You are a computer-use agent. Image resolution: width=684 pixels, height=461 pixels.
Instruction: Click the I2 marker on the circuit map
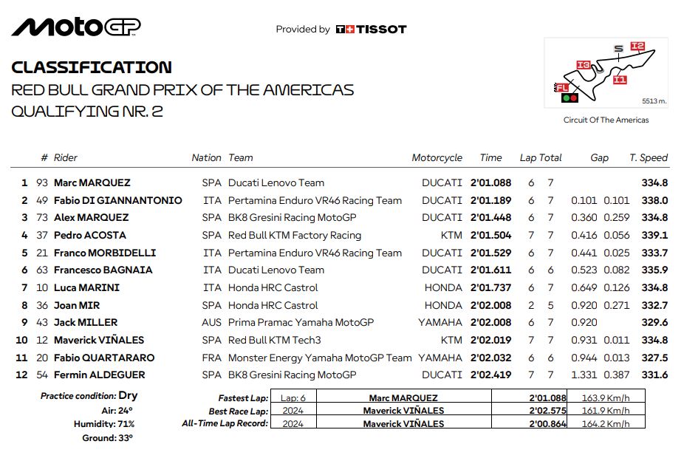coord(638,47)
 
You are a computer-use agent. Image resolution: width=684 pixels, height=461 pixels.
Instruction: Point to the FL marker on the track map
coord(562,88)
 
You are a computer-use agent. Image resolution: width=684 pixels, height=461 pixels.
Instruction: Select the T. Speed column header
coord(649,157)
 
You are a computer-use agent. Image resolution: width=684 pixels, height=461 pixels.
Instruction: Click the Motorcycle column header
coord(437,157)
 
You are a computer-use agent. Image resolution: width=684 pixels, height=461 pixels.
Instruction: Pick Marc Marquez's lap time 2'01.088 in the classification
coord(490,182)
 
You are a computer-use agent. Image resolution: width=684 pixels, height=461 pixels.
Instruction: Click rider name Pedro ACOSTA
coord(90,235)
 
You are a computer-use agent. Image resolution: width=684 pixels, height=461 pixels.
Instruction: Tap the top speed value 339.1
coord(654,235)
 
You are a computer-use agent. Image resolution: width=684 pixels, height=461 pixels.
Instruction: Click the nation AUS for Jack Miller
coord(211,322)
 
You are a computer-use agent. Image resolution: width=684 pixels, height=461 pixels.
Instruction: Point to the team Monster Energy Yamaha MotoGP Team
coord(320,358)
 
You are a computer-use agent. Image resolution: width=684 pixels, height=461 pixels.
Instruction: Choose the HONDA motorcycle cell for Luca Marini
coord(443,287)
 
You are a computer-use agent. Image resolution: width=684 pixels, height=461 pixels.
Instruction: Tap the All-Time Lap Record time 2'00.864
coord(548,423)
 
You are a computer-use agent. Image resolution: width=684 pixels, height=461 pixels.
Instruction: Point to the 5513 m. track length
coord(654,100)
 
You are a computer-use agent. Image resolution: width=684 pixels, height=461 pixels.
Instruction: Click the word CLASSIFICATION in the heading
coord(92,67)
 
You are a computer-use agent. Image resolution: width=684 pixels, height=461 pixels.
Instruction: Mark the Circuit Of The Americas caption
coord(606,120)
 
